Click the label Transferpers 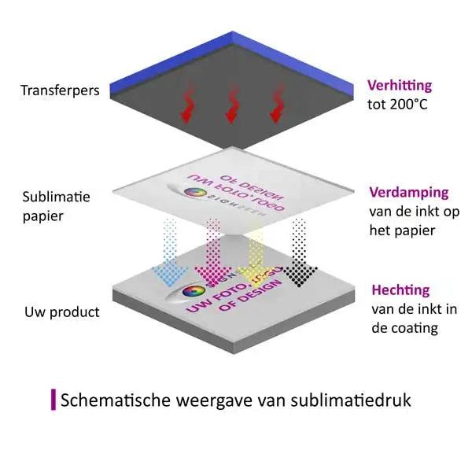pos(60,90)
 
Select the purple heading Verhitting pos(399,87)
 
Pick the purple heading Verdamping pos(408,193)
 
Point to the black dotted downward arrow pos(299,256)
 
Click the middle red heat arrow pos(232,105)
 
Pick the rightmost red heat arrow pos(277,105)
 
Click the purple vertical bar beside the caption pos(53,399)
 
